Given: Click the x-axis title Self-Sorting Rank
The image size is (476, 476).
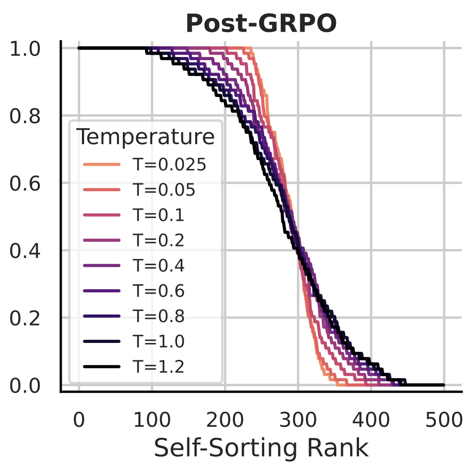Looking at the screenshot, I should [x=261, y=448].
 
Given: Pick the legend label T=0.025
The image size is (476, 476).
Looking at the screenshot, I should [x=169, y=165].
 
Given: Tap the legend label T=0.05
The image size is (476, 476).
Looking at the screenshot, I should [x=164, y=190].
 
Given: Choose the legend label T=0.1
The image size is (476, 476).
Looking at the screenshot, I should [x=159, y=215].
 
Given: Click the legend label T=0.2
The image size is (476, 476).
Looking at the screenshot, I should [x=159, y=241].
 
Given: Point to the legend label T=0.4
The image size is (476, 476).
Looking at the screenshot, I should [x=159, y=266].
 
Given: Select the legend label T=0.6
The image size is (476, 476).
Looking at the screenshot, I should [x=159, y=291].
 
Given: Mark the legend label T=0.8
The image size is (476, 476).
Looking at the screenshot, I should [x=159, y=316].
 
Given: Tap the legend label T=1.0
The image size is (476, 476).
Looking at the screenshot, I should [x=159, y=342].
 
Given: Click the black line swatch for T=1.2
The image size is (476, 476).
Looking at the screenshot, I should [x=101, y=367].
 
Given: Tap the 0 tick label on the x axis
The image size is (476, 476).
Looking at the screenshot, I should [x=79, y=419].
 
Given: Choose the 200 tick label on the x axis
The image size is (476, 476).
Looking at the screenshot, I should [x=225, y=419].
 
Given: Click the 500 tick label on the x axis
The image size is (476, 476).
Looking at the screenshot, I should [x=444, y=419].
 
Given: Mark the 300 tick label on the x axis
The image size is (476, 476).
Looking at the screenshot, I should [x=298, y=419].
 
